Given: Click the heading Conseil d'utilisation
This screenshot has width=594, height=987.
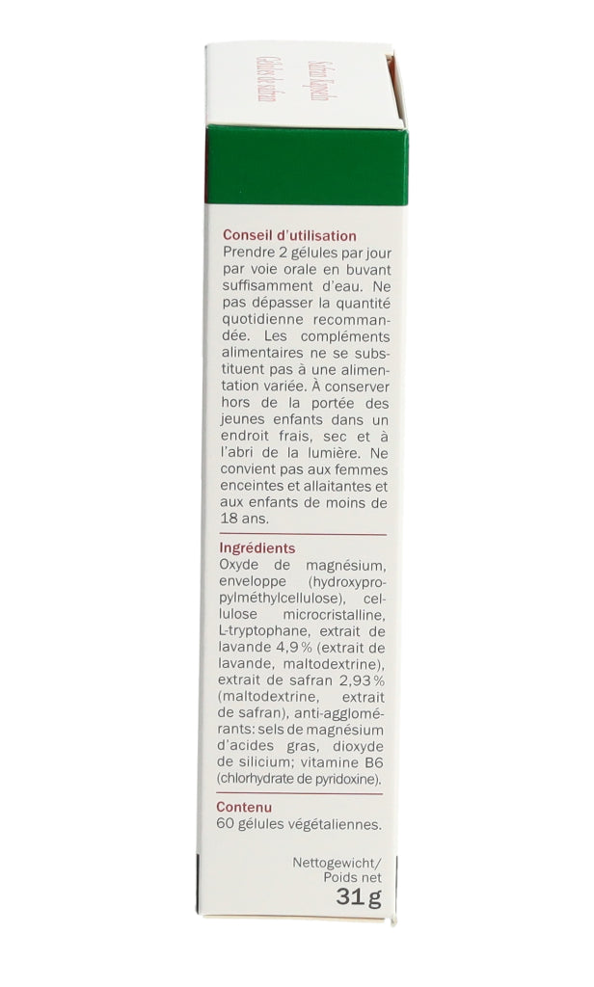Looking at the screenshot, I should [x=289, y=235].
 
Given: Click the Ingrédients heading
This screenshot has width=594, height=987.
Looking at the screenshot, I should [x=257, y=548].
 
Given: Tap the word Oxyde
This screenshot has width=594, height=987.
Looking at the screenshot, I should [x=240, y=565].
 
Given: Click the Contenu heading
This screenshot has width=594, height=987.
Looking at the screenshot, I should [x=244, y=807].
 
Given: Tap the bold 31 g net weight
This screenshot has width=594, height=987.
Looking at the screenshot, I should [x=359, y=898].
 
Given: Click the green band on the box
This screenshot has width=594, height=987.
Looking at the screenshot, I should [x=306, y=166].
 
